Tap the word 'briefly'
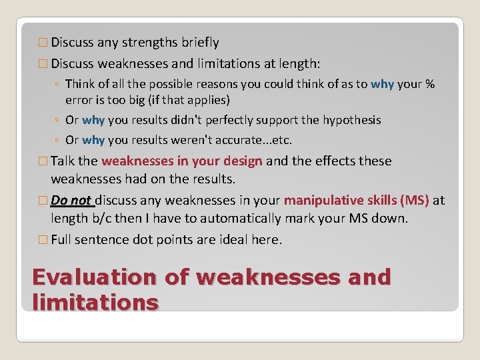coord(200,43)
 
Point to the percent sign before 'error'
coord(430,84)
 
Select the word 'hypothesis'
coord(344,120)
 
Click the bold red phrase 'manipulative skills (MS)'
coord(357,200)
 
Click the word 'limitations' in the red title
coord(95,302)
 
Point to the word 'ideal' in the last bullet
coord(235,239)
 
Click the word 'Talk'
coord(63,161)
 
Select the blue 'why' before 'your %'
coord(382,84)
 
